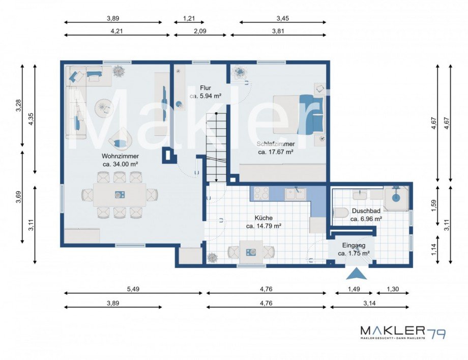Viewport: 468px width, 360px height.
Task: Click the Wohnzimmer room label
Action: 120,156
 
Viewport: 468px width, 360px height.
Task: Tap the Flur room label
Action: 206,88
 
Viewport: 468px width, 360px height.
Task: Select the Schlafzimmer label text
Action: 276,144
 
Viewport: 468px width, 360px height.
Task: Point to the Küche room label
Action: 264,218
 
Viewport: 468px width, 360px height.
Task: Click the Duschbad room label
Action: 366,211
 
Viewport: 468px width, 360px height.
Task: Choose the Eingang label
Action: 354,246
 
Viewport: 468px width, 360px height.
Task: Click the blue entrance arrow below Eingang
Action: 357,274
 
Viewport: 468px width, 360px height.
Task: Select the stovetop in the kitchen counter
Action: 261,193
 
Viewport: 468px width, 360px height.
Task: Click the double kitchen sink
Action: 295,194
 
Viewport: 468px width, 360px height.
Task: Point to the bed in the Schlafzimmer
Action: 299,114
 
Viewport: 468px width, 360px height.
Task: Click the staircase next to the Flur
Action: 216,147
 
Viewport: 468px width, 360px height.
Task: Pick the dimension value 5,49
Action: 133,289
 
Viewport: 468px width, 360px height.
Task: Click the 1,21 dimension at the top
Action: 189,18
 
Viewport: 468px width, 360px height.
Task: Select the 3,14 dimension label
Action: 369,304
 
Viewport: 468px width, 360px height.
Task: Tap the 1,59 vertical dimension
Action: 434,205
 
